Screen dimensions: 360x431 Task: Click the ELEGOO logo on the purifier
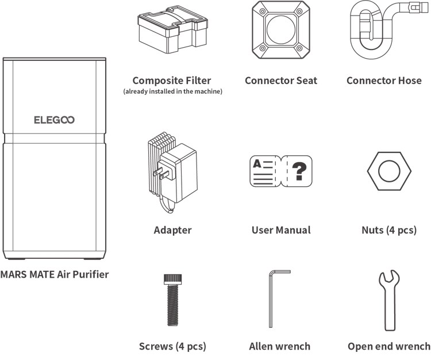pyautogui.click(x=55, y=120)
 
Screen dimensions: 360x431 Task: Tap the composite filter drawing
pyautogui.click(x=171, y=34)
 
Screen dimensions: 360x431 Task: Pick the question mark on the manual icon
pyautogui.click(x=299, y=170)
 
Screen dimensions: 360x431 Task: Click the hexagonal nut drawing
pyautogui.click(x=390, y=171)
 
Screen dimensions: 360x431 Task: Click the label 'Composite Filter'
pyautogui.click(x=171, y=81)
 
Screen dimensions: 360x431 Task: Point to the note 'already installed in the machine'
pyautogui.click(x=172, y=91)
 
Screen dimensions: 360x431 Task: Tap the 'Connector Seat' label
pyautogui.click(x=280, y=81)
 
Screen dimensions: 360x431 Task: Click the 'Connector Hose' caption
pyautogui.click(x=384, y=81)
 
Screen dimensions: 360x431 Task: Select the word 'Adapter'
pyautogui.click(x=172, y=230)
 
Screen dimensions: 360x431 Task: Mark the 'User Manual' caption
pyautogui.click(x=281, y=230)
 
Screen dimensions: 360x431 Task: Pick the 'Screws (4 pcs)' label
pyautogui.click(x=172, y=346)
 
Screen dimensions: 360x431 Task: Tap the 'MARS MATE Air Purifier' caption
pyautogui.click(x=55, y=274)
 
